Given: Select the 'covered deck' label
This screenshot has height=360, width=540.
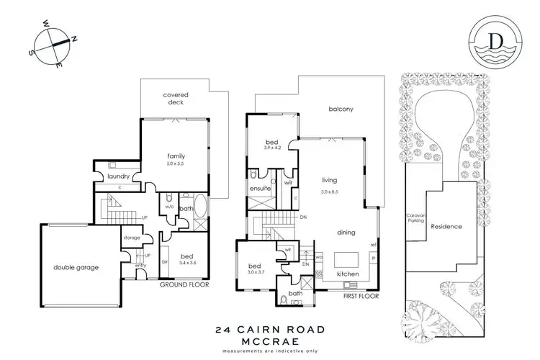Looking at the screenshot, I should [175, 99].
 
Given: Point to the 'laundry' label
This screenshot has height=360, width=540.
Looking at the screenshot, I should [118, 176].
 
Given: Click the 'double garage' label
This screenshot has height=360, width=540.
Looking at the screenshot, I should [76, 267].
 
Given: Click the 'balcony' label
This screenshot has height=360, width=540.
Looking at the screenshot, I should [341, 109].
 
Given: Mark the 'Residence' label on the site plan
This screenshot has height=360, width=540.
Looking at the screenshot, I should [446, 226].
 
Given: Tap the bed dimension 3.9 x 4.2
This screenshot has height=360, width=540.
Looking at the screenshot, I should [271, 148].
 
